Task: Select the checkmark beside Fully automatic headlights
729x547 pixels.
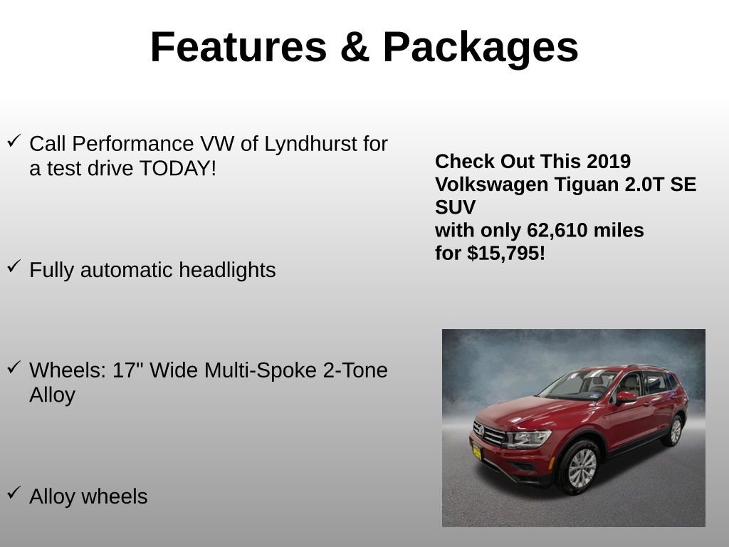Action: coord(14,266)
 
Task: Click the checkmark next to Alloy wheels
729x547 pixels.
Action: coord(14,493)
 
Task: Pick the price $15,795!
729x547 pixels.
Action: coord(506,253)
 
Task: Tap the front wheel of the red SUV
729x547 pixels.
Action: coord(582,468)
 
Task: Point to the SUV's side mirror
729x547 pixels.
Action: coord(626,397)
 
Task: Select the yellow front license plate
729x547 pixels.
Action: coord(476,451)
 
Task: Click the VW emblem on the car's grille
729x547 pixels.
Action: coord(480,430)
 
